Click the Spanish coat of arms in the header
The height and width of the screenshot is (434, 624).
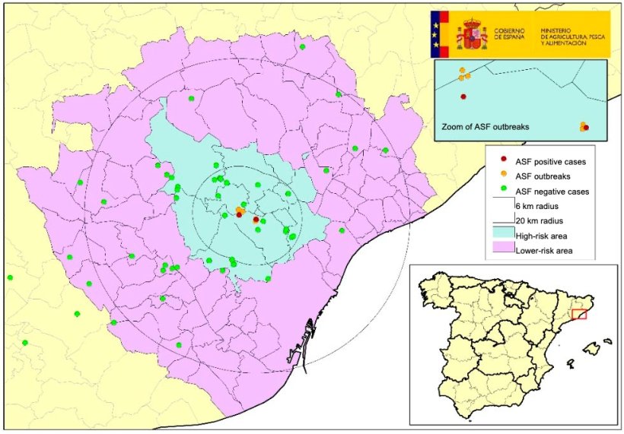point(472,35)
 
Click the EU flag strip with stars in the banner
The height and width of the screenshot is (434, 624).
point(438,35)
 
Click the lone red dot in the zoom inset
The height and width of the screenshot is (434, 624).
point(463,97)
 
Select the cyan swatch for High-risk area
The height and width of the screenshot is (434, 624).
point(501,235)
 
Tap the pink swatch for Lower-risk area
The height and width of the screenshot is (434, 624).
point(501,249)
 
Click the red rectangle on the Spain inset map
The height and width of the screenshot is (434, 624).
point(580,314)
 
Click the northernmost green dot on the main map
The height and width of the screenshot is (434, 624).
point(303,47)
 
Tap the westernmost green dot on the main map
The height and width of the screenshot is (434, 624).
point(10,277)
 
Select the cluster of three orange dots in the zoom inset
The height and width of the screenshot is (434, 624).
point(463,74)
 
